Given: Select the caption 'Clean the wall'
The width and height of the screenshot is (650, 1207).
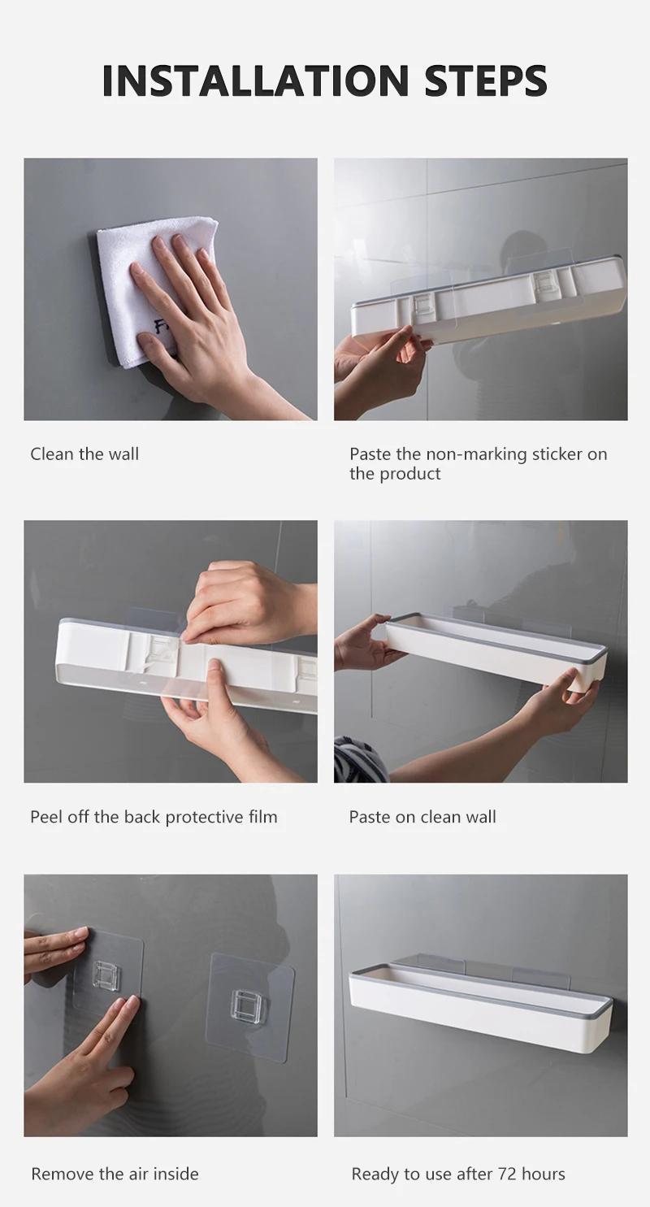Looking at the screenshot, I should pyautogui.click(x=84, y=454).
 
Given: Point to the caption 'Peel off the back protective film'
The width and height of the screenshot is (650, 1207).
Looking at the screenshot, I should pyautogui.click(x=154, y=817).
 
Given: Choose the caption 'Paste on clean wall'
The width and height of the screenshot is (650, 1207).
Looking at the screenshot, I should pyautogui.click(x=422, y=817).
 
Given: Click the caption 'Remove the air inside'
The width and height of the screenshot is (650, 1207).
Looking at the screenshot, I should pyautogui.click(x=115, y=1174).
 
